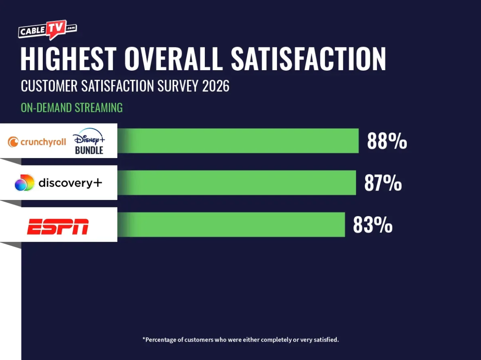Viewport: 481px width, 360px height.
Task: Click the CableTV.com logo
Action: click(x=47, y=30)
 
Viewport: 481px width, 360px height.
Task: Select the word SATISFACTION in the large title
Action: click(x=308, y=59)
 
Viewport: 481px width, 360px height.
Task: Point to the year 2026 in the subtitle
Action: click(x=216, y=86)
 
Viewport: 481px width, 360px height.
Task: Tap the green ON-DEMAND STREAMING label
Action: click(x=72, y=108)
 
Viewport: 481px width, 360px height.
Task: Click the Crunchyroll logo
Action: click(x=37, y=142)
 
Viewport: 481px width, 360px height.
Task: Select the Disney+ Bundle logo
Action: click(x=89, y=141)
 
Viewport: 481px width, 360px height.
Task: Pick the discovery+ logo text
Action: click(x=70, y=183)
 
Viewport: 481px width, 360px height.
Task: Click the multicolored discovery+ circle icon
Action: click(x=24, y=183)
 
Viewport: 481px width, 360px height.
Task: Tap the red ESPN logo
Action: click(x=58, y=227)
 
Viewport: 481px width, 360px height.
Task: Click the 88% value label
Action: click(x=387, y=142)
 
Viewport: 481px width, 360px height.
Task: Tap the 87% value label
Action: click(x=383, y=184)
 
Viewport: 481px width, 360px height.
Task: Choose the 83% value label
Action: click(x=373, y=225)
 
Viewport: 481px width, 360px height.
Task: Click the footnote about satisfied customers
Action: click(x=240, y=340)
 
